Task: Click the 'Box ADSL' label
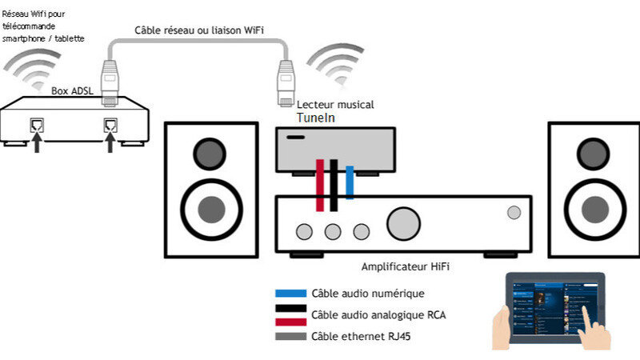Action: click(x=73, y=91)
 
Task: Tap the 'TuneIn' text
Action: click(x=315, y=118)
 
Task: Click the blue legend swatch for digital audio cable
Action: click(x=290, y=294)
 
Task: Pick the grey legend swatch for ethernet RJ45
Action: click(x=290, y=336)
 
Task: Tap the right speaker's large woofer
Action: click(x=593, y=208)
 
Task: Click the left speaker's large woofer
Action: click(x=210, y=208)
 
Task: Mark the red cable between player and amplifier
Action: click(x=320, y=185)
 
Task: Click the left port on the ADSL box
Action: click(x=36, y=125)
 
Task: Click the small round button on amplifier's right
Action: click(x=513, y=212)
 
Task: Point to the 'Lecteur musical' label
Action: click(x=335, y=105)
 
